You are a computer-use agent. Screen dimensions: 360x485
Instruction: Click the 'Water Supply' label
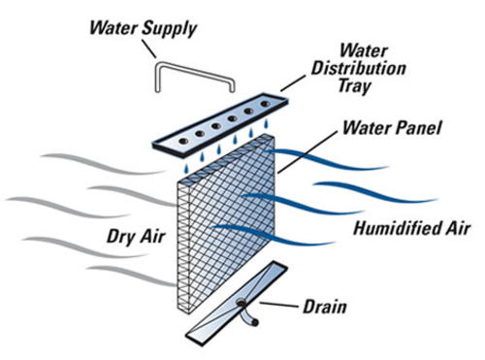coord(143,27)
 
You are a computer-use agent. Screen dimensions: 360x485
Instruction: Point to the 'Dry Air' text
coord(130,235)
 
